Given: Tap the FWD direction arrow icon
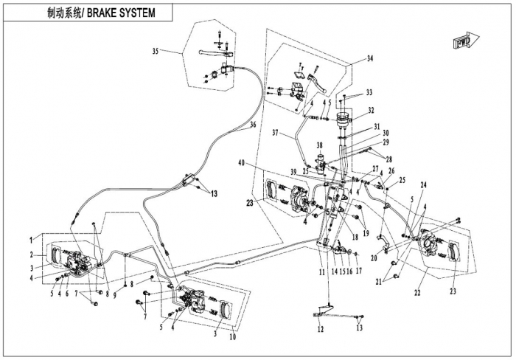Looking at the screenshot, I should [x=465, y=42].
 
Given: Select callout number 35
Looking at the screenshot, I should [x=156, y=51].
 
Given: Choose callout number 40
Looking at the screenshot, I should [x=242, y=162].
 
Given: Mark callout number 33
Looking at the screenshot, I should [x=369, y=92].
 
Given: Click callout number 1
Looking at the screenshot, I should [x=32, y=239].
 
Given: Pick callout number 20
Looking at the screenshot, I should [x=374, y=257].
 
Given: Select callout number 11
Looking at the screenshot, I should [x=321, y=271].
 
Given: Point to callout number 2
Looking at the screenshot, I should [x=32, y=255].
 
